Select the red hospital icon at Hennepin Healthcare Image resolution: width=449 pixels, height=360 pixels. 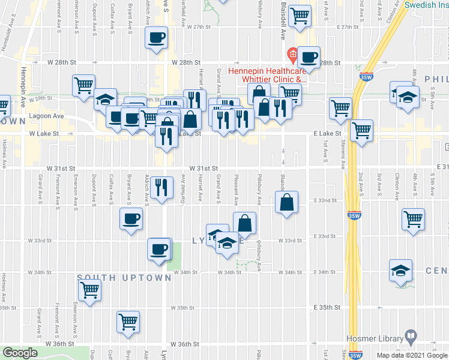pyautogui.click(x=292, y=56)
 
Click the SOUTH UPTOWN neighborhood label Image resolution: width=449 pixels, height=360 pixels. pyautogui.click(x=124, y=278)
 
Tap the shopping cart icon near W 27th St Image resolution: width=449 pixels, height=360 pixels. pyautogui.click(x=300, y=16)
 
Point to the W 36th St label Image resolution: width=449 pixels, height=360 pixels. pyautogui.click(x=184, y=344)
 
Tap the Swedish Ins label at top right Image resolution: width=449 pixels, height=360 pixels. pyautogui.click(x=425, y=5)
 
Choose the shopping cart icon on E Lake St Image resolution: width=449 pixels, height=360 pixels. pyautogui.click(x=361, y=130)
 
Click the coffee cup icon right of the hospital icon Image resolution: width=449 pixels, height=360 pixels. pyautogui.click(x=309, y=57)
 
